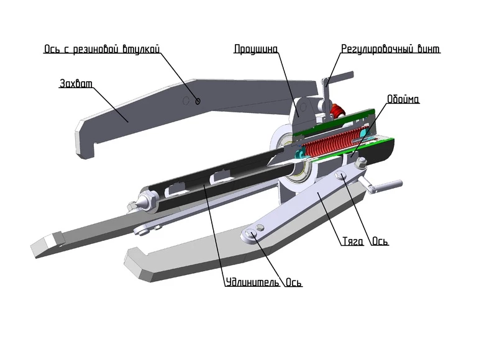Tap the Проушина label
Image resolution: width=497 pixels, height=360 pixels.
(256, 48)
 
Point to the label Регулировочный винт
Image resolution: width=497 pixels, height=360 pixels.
(391, 48)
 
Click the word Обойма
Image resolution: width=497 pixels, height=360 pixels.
(403, 99)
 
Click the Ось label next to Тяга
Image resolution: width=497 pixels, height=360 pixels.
(380, 241)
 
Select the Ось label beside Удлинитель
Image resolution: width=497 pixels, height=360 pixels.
(293, 284)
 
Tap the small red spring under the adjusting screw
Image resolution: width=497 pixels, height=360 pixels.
(337, 112)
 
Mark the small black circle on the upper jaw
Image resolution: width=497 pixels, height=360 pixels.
(198, 101)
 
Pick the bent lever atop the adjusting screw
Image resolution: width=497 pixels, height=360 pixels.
(335, 80)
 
